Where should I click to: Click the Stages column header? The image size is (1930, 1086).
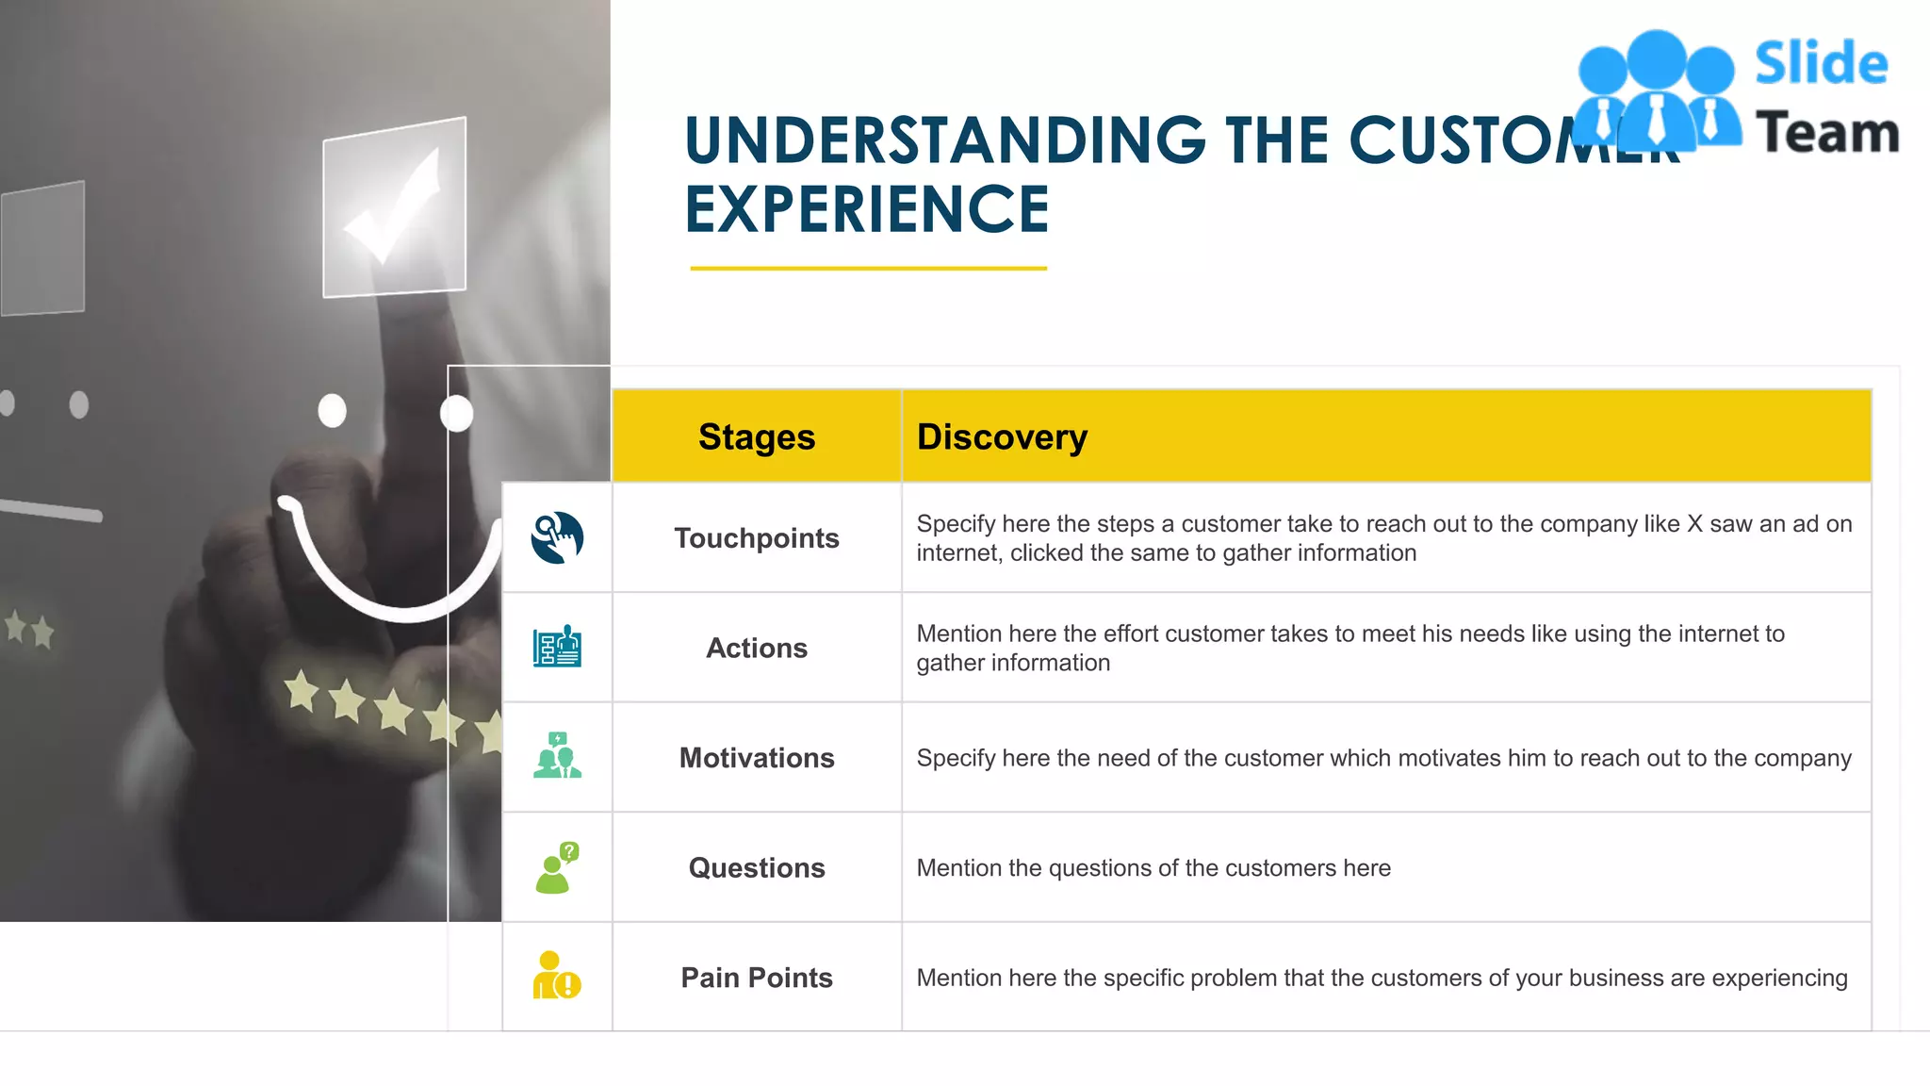[x=757, y=437]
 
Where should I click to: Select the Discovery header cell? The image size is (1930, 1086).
[x=1002, y=437]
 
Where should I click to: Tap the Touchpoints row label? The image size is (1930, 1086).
[x=757, y=538]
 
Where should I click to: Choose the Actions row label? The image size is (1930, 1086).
[x=757, y=649]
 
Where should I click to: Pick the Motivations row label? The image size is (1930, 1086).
[x=757, y=758]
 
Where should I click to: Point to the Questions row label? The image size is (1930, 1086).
[x=757, y=868]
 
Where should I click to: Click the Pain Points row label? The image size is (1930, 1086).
[x=757, y=978]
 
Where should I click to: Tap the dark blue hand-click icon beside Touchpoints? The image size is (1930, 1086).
[x=557, y=538]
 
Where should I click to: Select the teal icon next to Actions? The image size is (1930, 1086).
[x=557, y=648]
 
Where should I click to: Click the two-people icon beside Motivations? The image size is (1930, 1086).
[x=557, y=756]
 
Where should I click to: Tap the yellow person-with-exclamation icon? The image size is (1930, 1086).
[x=557, y=977]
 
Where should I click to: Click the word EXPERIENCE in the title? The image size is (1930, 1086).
[x=866, y=209]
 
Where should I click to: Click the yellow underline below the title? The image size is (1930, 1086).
[x=868, y=269]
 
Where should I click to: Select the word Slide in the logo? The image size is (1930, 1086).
[x=1821, y=64]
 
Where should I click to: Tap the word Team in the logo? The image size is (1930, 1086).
[x=1826, y=132]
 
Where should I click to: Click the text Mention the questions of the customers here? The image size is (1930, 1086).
[x=1153, y=868]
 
